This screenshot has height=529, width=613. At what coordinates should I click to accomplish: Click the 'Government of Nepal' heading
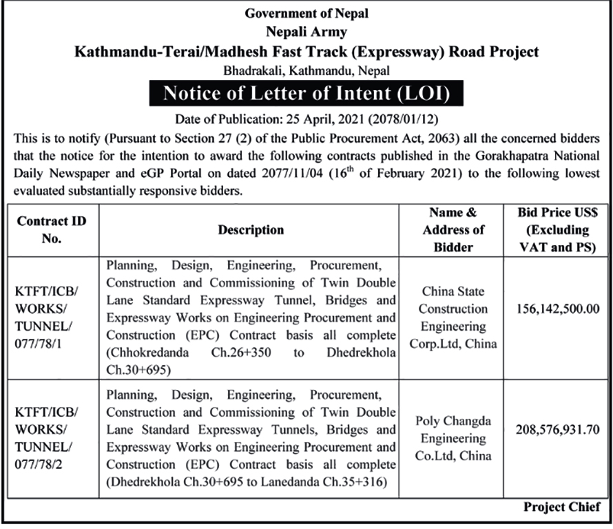coord(306,13)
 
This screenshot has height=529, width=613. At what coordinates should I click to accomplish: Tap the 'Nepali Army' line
coord(306,32)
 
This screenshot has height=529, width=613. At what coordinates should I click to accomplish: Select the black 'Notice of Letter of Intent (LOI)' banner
coord(306,92)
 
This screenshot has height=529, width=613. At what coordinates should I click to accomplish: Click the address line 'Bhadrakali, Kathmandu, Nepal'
coord(306,70)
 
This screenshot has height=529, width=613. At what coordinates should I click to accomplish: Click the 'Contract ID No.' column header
coord(47,230)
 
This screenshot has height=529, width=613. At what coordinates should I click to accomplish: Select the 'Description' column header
coord(251,230)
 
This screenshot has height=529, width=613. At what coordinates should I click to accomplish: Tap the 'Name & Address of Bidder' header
coord(453,229)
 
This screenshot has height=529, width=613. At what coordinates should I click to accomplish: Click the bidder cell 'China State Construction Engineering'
coord(453,318)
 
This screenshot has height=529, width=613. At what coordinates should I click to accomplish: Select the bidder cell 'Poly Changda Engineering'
coord(453,439)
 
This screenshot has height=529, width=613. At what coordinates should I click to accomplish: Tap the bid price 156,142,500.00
coord(556,310)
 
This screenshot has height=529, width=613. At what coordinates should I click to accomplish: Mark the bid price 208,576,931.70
coord(556,431)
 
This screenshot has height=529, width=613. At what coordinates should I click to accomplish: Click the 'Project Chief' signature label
coord(561,507)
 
